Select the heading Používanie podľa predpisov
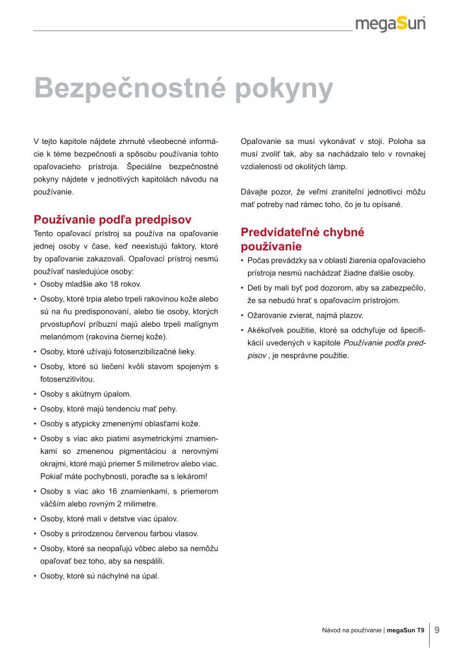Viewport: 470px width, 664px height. [x=112, y=219]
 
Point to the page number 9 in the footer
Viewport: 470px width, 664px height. [x=438, y=629]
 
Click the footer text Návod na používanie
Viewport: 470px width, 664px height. [x=351, y=630]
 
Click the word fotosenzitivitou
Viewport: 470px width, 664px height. [x=67, y=378]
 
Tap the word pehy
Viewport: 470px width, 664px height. [x=168, y=409]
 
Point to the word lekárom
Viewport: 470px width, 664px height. [x=190, y=477]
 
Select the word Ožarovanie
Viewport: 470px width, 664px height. [x=268, y=315]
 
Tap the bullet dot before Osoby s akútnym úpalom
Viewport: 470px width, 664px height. [x=35, y=394]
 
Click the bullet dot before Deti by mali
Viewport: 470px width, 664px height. [x=242, y=288]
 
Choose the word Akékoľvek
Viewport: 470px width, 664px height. [x=268, y=330]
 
